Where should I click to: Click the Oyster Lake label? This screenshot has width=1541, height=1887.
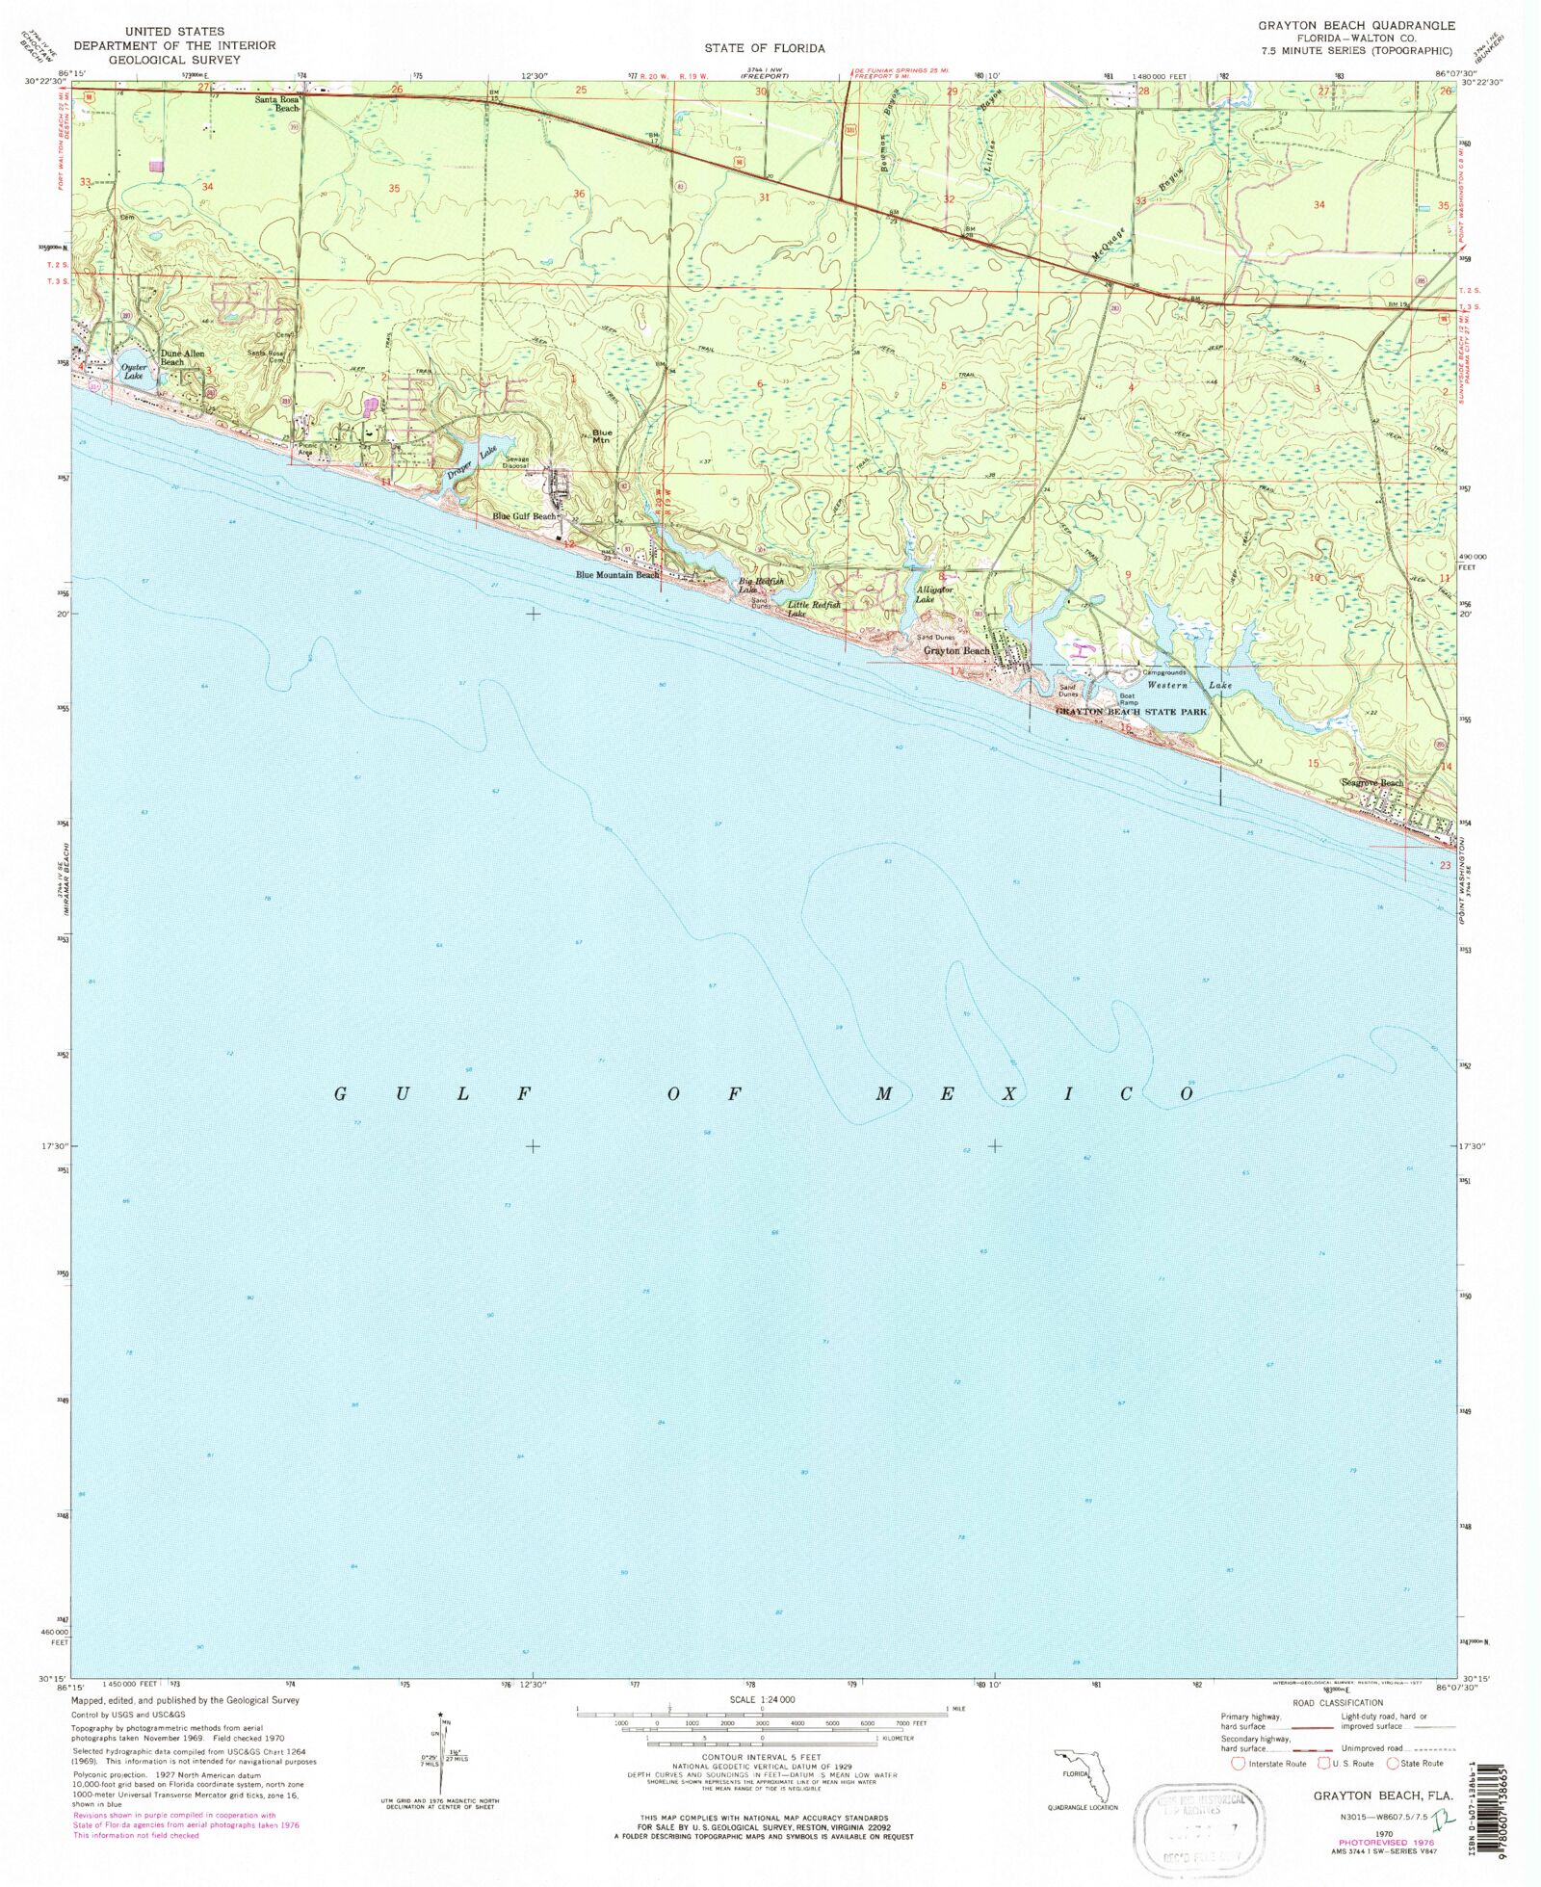(x=134, y=371)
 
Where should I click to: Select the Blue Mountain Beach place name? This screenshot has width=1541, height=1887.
(x=617, y=575)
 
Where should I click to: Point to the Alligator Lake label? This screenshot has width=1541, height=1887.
(x=934, y=594)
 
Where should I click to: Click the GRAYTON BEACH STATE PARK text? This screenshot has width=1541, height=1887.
(x=1131, y=712)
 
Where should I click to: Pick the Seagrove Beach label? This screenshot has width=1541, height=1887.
(x=1372, y=782)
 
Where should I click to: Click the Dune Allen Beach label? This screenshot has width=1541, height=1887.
(x=181, y=357)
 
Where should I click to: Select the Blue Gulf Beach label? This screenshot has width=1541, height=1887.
(x=524, y=516)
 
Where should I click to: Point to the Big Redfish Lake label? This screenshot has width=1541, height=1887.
(x=760, y=585)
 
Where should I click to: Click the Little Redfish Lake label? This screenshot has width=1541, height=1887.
(x=813, y=609)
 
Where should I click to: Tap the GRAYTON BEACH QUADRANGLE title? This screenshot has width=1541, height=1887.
(x=1356, y=25)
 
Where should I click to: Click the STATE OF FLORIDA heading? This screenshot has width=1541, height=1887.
(x=764, y=48)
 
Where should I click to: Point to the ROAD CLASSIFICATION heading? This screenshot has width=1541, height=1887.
(x=1338, y=1703)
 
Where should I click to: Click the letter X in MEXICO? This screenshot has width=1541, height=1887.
(x=1008, y=1094)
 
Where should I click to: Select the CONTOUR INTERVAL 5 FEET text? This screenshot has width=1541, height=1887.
(x=762, y=1758)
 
